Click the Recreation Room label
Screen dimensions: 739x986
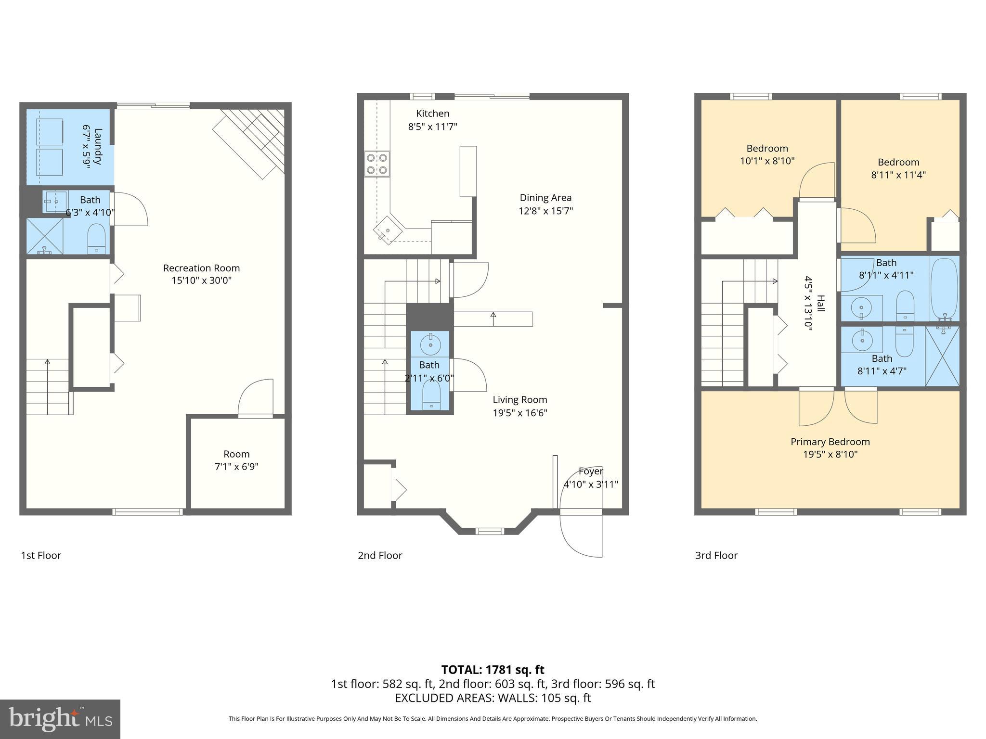point(201,268)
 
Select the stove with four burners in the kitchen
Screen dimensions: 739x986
point(377,164)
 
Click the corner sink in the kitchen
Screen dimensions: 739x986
point(388,230)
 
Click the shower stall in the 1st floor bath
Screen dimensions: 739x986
point(44,236)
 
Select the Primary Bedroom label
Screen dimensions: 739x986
point(830,442)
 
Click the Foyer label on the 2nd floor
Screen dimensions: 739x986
point(591,471)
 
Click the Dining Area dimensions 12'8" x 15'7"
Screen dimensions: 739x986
point(545,211)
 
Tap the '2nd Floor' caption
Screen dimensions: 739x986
point(380,555)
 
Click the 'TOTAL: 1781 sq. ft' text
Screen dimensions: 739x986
point(493,670)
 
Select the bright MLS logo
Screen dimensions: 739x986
point(60,719)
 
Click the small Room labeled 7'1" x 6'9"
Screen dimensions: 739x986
point(236,460)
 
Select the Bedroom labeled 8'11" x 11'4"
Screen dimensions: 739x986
point(898,168)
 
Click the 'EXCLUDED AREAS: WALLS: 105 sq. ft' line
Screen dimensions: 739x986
point(493,698)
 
